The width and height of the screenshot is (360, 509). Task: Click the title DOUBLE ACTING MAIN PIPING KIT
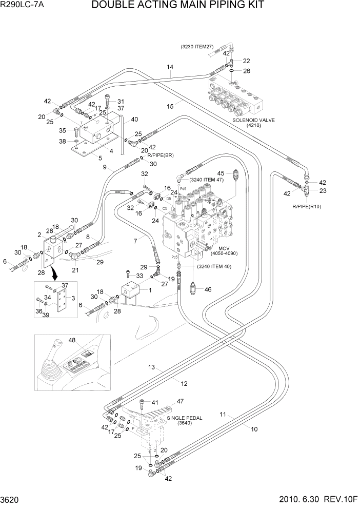pyautogui.click(x=177, y=6)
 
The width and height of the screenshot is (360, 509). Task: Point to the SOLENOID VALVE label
pyautogui.click(x=253, y=120)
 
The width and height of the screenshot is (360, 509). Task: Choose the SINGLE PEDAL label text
pyautogui.click(x=184, y=418)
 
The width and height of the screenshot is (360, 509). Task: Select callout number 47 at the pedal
pyautogui.click(x=181, y=402)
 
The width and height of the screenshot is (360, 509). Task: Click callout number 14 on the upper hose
pyautogui.click(x=170, y=67)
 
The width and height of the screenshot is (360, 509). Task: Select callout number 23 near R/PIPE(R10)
pyautogui.click(x=323, y=191)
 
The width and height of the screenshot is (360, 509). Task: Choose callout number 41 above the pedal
pyautogui.click(x=155, y=402)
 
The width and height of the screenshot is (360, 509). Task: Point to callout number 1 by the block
pyautogui.click(x=150, y=290)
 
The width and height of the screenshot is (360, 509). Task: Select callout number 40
pyautogui.click(x=135, y=120)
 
